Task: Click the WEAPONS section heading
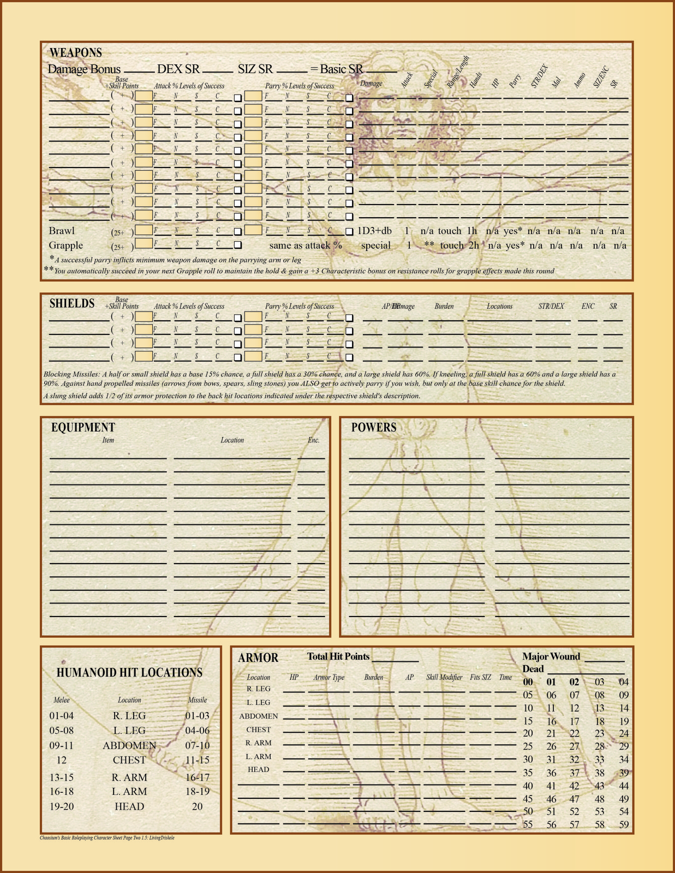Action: tap(76, 53)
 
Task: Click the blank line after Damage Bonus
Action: tap(139, 71)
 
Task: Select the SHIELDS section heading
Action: tap(72, 304)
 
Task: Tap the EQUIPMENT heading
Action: tap(83, 428)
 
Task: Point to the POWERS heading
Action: tap(374, 428)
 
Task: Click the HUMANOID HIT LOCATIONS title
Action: tap(129, 673)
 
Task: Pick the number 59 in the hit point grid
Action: tap(624, 824)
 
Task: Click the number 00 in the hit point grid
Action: tap(528, 682)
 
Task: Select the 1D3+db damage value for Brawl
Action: tap(374, 231)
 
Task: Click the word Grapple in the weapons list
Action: tap(66, 246)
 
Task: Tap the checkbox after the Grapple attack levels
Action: tap(237, 246)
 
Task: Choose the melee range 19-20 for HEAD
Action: tap(62, 806)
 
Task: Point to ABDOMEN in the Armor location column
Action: tap(259, 716)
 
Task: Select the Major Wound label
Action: tap(551, 656)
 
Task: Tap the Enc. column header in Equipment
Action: tap(313, 440)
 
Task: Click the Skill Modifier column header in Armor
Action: tap(444, 677)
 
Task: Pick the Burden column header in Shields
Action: tap(444, 307)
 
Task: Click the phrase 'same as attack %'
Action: tap(306, 246)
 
